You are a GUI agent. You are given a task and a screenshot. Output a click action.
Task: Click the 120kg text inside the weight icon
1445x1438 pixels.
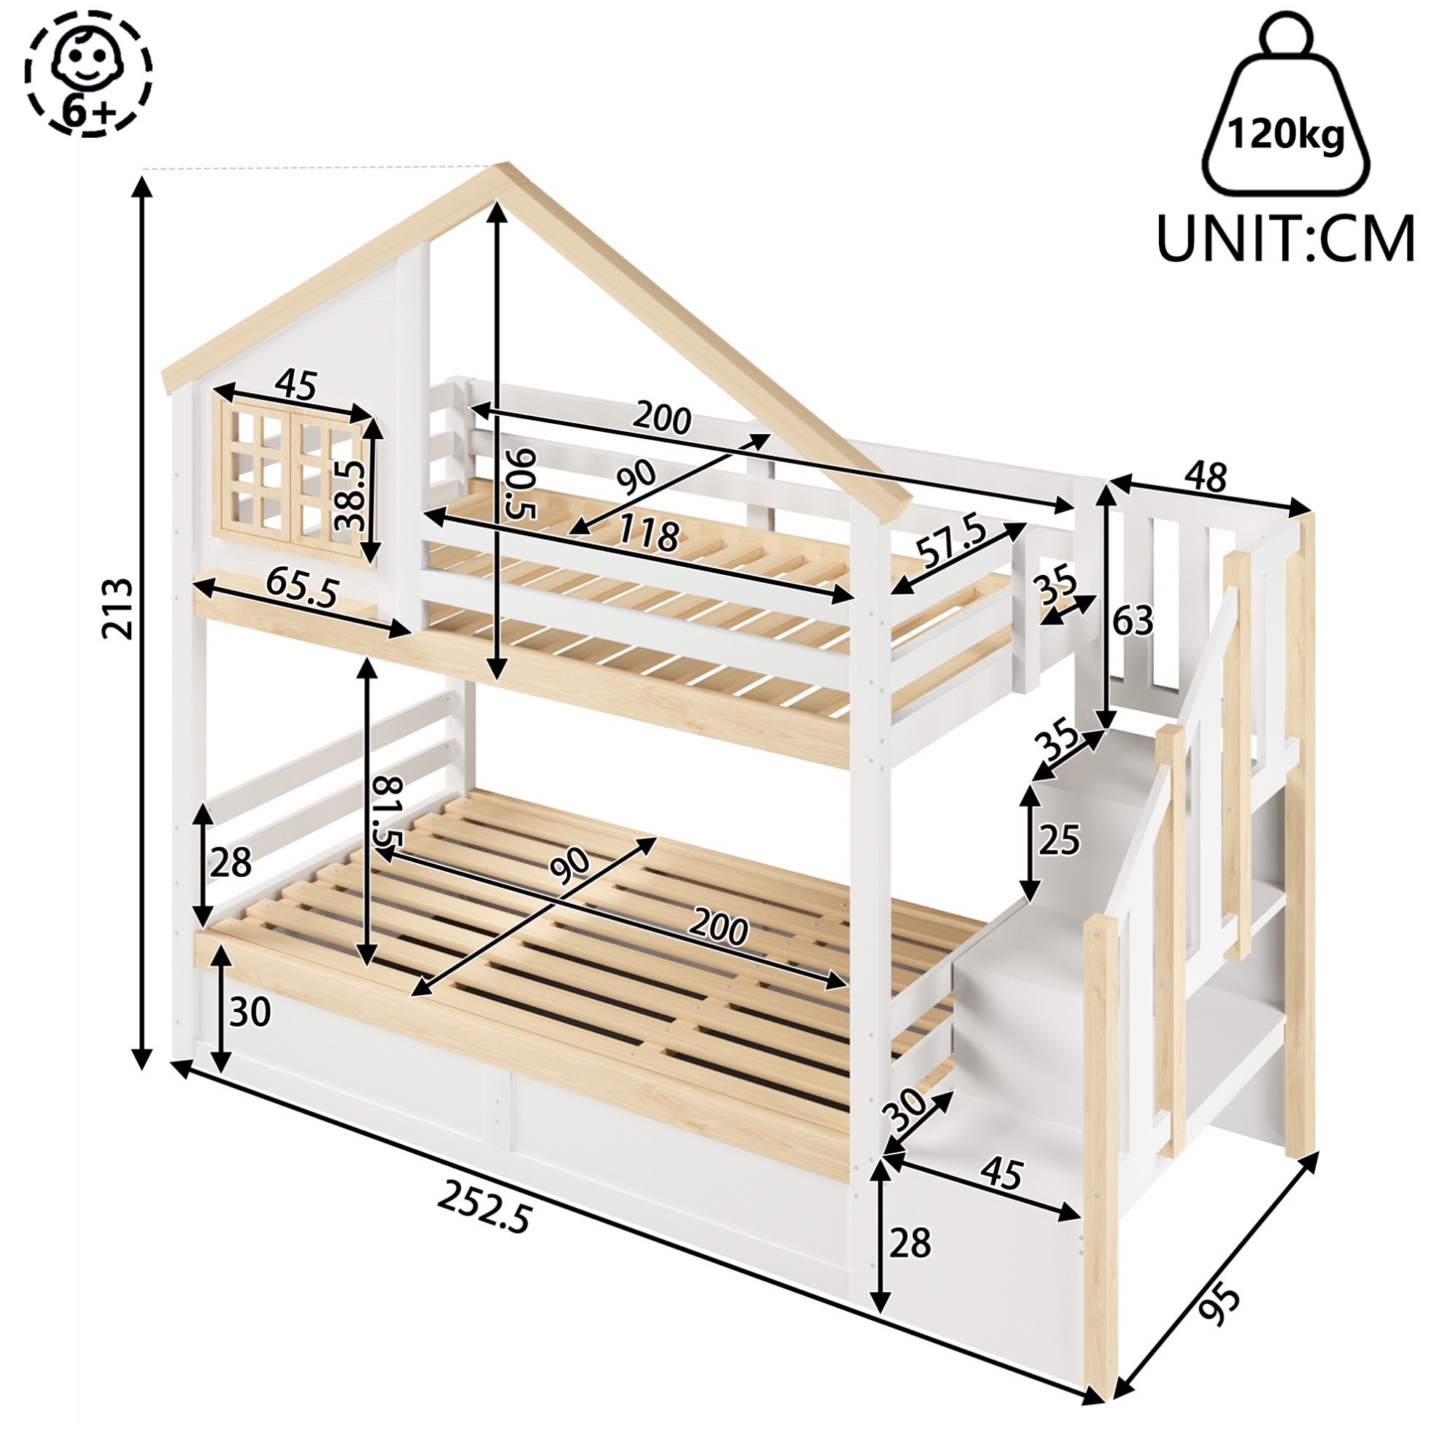[1286, 136]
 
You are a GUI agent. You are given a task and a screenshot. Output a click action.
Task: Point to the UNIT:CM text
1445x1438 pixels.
[1286, 237]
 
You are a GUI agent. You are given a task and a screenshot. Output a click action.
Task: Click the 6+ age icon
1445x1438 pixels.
[88, 73]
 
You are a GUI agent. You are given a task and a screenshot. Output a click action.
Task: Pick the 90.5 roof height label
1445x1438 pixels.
[519, 484]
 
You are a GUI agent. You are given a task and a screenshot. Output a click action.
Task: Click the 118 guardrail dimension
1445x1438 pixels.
[649, 534]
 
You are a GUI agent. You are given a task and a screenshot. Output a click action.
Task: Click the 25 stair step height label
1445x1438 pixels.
[1059, 840]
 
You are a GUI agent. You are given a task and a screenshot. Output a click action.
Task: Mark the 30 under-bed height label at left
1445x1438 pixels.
[250, 1013]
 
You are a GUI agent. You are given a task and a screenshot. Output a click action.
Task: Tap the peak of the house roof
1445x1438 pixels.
[506, 164]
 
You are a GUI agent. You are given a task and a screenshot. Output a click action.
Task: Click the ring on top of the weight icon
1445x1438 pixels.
[1286, 34]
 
